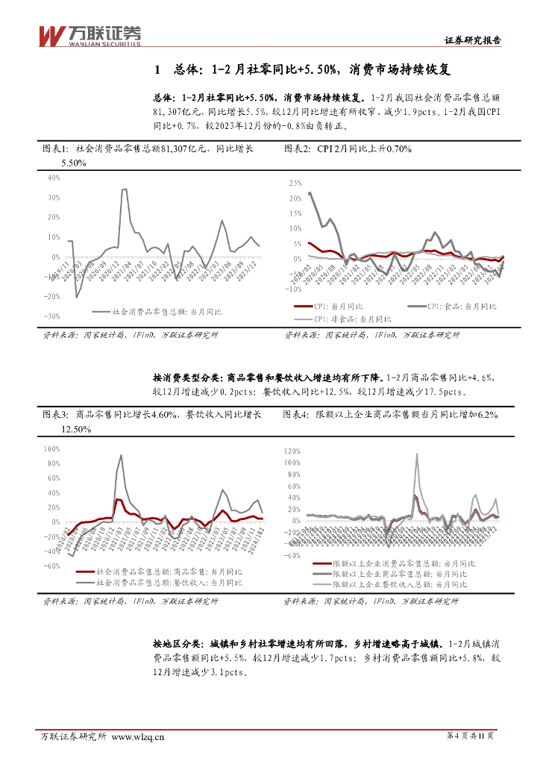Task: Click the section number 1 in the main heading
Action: click(157, 70)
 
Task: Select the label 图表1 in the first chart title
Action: click(55, 149)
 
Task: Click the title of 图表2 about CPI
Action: click(348, 149)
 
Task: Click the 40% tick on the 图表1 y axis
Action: click(53, 178)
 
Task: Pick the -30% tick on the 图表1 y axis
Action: click(51, 316)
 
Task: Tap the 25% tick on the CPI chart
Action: click(293, 183)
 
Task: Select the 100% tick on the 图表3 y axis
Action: click(51, 449)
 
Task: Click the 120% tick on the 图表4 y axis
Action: click(291, 451)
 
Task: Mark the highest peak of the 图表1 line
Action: click(124, 190)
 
